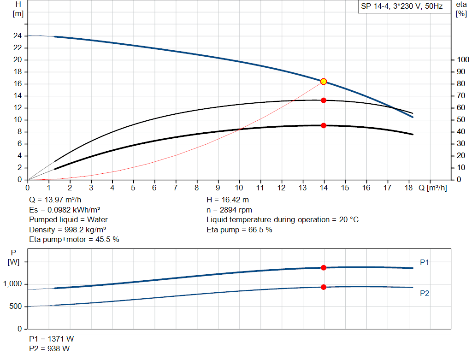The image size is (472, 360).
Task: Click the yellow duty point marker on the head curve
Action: (324, 82)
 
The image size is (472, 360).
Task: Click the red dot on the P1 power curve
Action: (324, 267)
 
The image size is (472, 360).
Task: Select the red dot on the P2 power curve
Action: (324, 287)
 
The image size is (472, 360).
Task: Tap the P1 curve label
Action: (425, 263)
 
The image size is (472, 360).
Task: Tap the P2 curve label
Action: (425, 293)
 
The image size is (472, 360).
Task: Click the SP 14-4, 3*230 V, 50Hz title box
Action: (402, 7)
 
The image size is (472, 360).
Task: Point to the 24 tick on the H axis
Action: (18, 35)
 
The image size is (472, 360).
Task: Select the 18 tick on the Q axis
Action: (409, 188)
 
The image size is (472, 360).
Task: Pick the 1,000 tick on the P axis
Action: (12, 284)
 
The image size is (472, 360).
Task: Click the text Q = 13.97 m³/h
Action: (55, 200)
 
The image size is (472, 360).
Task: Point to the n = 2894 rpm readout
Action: (229, 210)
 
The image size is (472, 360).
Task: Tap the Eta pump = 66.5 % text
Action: (239, 230)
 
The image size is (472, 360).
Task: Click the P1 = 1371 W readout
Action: (51, 339)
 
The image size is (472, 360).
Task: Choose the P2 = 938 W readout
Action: (49, 349)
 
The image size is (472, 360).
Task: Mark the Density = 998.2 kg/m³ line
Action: (65, 230)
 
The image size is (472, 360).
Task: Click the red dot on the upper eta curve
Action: (324, 100)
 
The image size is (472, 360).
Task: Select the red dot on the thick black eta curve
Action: (324, 125)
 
